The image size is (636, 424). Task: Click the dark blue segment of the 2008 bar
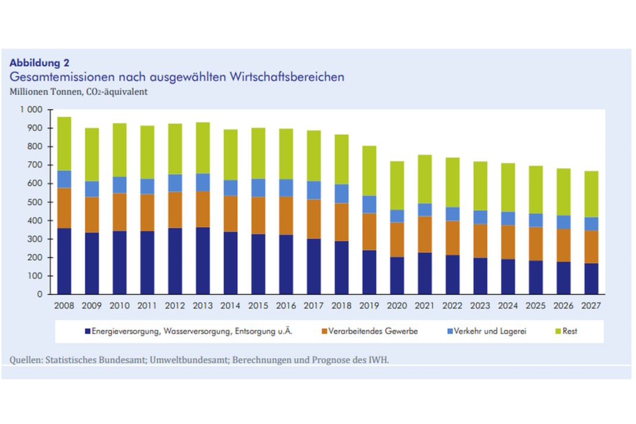64,261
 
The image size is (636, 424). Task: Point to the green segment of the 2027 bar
591,194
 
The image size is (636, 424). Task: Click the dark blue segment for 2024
508,277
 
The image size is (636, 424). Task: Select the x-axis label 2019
369,306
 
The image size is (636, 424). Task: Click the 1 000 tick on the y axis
31,110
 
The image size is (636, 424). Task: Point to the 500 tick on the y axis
36,202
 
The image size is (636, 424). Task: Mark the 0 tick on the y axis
40,294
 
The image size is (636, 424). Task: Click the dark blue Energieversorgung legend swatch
87,331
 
